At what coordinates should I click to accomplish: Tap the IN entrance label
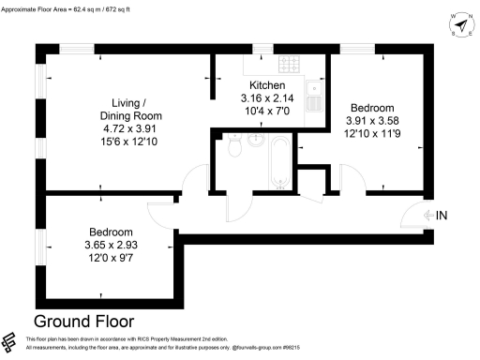tap(442, 216)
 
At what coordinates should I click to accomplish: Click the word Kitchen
tap(266, 84)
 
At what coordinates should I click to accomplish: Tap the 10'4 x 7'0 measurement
tap(266, 111)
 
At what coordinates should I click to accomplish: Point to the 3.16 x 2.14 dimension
tap(266, 97)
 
